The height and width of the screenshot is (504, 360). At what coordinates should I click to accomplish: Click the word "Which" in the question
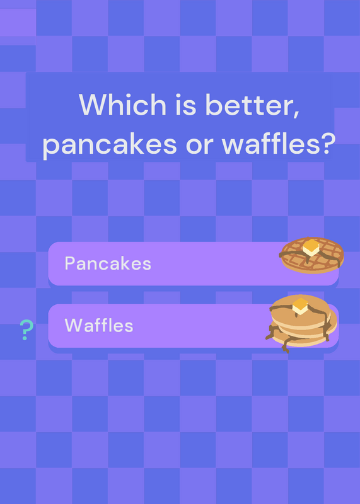click(x=122, y=104)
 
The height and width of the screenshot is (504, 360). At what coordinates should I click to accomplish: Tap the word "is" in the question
click(x=185, y=104)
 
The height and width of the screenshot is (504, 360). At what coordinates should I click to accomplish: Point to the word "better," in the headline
click(x=253, y=105)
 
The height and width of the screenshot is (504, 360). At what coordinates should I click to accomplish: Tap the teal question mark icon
click(x=26, y=329)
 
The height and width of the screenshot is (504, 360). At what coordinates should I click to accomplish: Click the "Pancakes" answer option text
click(x=108, y=263)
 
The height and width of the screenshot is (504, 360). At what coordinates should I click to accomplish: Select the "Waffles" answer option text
click(x=99, y=325)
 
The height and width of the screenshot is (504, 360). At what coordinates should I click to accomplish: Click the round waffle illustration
click(x=311, y=255)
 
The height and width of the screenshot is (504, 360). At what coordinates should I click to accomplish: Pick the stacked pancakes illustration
click(x=301, y=323)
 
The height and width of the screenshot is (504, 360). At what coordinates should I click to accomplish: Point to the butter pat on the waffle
click(x=311, y=247)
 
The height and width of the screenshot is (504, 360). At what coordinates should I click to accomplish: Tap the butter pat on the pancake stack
click(x=300, y=306)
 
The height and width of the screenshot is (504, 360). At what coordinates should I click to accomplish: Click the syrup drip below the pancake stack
click(x=286, y=345)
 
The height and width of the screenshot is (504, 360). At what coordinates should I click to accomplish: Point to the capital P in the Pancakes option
click(x=70, y=263)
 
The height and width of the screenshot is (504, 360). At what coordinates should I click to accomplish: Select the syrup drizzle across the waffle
click(x=311, y=256)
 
